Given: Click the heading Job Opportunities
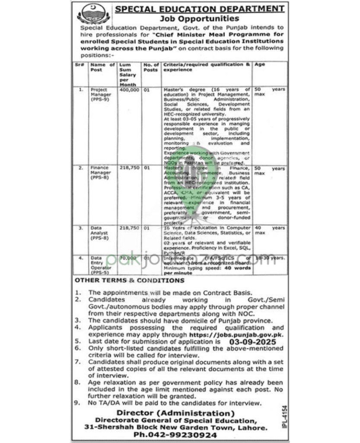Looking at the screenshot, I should [x=199, y=19].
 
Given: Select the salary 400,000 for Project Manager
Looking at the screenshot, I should [x=128, y=90].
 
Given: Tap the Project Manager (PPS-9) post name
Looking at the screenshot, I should [x=101, y=94].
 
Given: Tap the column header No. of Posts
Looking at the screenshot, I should [x=151, y=67].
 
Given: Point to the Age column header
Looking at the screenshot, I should [x=261, y=64].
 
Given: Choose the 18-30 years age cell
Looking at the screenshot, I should [x=270, y=258].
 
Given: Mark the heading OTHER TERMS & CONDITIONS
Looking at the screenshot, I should [x=123, y=281].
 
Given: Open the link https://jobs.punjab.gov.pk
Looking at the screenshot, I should [x=236, y=334].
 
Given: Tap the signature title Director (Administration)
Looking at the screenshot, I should [x=178, y=413].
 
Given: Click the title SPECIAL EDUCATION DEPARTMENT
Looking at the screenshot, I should [x=199, y=9].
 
